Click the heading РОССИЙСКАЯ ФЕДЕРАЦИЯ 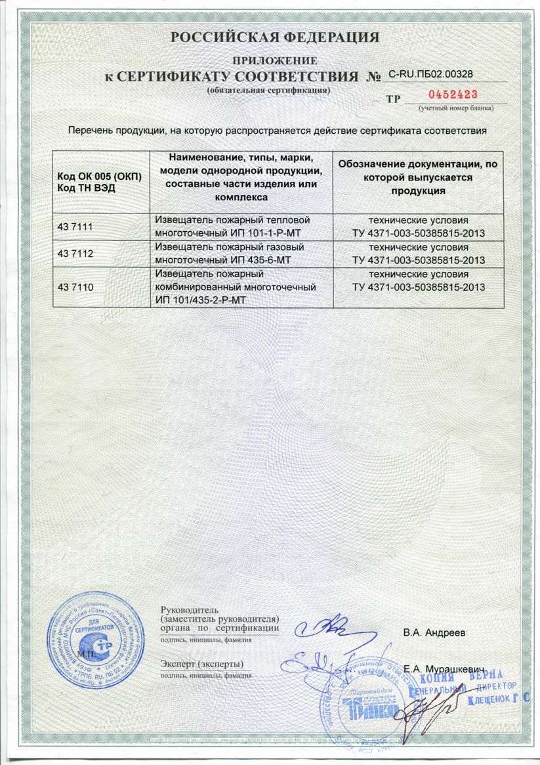pyautogui.click(x=275, y=37)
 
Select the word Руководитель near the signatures pyautogui.click(x=186, y=611)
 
